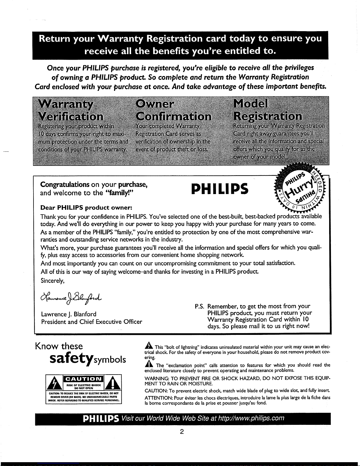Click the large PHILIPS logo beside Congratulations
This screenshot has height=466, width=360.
(x=220, y=189)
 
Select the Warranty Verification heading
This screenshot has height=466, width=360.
(x=71, y=111)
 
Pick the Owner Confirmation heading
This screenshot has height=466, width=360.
(x=173, y=111)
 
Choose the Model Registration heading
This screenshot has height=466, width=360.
(x=267, y=110)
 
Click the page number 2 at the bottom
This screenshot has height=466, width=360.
(x=182, y=432)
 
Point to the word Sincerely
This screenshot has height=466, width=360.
(x=53, y=281)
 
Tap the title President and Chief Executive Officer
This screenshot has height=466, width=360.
(x=92, y=322)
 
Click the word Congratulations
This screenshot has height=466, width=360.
(x=65, y=185)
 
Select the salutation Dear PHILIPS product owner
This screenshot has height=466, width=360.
(x=86, y=208)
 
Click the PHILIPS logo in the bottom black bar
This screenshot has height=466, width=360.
(x=101, y=419)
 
